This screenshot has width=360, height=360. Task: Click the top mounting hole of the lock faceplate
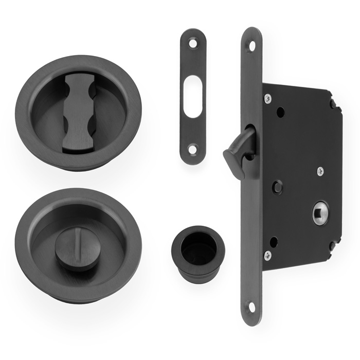[x=252, y=45]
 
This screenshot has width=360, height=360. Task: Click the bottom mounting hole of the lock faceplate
[x=252, y=307]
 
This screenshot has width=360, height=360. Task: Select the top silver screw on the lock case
[x=267, y=98]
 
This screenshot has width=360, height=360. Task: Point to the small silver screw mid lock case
[x=320, y=171]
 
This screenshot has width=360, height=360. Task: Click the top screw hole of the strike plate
[x=193, y=44]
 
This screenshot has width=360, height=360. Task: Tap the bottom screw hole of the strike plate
[x=193, y=150]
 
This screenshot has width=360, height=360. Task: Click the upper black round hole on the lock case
[x=280, y=111]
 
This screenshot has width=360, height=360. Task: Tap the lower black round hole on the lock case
[x=274, y=241]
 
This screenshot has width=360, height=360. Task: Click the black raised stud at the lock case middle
[x=278, y=187]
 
